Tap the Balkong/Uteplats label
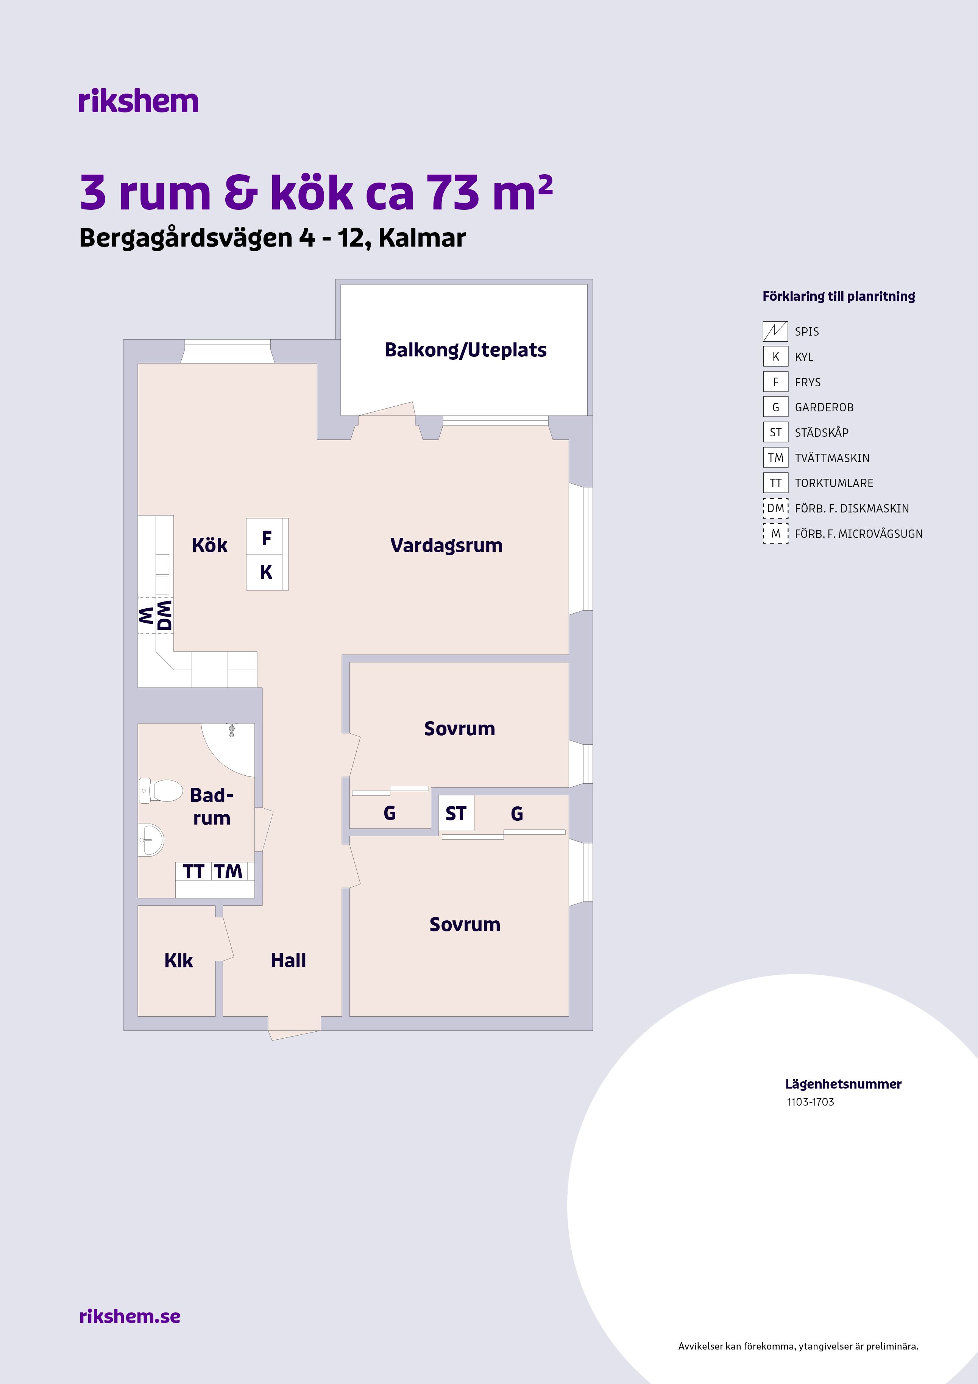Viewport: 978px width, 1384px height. click(x=465, y=350)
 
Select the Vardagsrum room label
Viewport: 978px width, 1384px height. click(x=446, y=545)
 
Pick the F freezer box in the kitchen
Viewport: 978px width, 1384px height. click(x=266, y=537)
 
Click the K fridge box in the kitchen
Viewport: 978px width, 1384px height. click(x=266, y=572)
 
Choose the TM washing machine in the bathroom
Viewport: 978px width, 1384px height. click(x=228, y=872)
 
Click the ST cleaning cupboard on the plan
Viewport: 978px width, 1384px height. click(x=455, y=814)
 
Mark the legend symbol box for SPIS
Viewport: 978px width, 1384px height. click(x=775, y=331)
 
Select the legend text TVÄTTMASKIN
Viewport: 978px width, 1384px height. click(x=832, y=458)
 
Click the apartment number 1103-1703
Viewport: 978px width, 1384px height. click(x=811, y=1102)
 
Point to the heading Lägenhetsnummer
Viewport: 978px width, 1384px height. click(x=843, y=1084)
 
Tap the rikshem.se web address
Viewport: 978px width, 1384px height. click(x=129, y=1316)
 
